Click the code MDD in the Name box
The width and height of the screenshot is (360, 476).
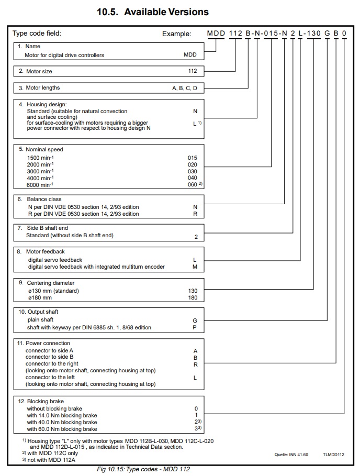[190, 55]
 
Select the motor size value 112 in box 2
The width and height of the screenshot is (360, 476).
[193, 71]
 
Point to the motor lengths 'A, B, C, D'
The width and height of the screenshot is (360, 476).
[185, 88]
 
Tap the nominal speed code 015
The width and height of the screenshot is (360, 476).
[192, 158]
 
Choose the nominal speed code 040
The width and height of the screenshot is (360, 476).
[192, 178]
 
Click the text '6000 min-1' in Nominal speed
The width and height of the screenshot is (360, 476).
[40, 184]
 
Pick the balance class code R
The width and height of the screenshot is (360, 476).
[195, 214]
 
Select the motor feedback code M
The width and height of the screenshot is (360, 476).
[195, 267]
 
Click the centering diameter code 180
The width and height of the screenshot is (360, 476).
[193, 298]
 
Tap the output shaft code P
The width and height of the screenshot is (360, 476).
[195, 327]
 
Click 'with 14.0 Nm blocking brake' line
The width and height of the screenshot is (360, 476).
[62, 415]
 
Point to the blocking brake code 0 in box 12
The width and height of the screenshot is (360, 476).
[196, 408]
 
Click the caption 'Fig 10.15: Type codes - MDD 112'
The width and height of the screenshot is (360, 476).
[143, 469]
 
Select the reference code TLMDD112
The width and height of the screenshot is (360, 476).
[333, 455]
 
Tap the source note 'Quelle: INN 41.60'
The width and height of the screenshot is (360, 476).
[291, 455]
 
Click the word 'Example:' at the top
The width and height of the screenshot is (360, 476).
[176, 34]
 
